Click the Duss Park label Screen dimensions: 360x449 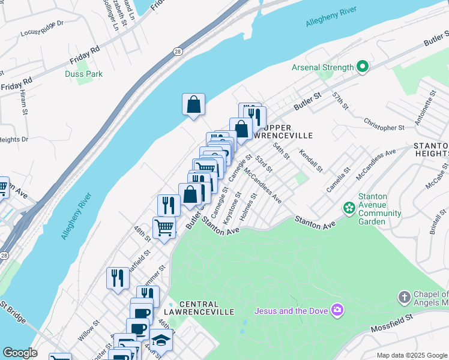tap(83, 74)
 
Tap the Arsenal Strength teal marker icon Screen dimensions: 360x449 tap(362, 67)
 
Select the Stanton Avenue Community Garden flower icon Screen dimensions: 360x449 tap(349, 208)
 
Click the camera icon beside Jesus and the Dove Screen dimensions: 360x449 tap(337, 310)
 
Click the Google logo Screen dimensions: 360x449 tap(20, 353)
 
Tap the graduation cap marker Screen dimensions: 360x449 tap(161, 340)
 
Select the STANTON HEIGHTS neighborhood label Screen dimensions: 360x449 tap(430, 151)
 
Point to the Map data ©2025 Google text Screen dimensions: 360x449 tap(411, 355)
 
